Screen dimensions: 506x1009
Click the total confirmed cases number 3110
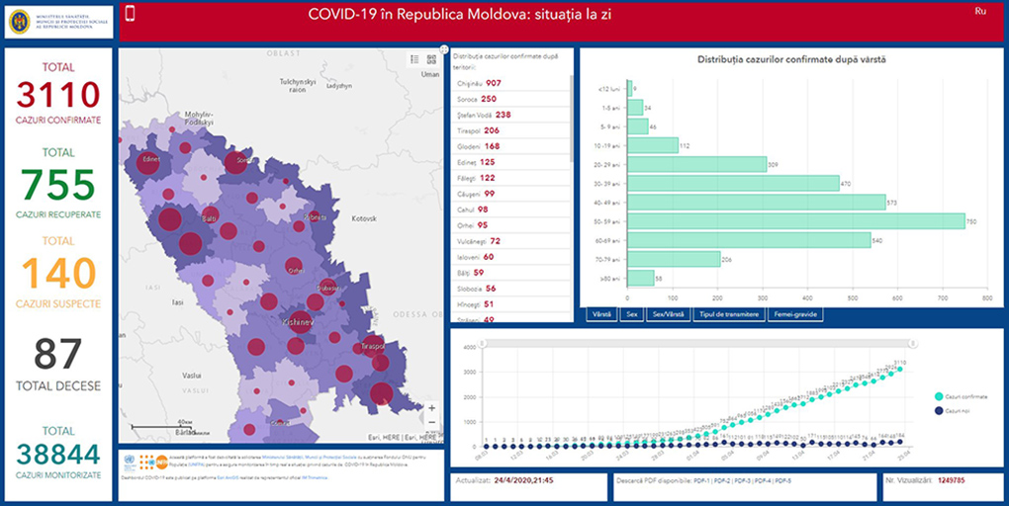point(57,95)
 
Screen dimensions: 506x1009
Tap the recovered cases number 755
point(57,185)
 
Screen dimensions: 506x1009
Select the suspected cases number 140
point(57,274)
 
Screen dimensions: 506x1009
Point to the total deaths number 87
point(57,354)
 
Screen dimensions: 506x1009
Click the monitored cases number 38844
point(57,455)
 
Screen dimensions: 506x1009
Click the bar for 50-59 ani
point(796,221)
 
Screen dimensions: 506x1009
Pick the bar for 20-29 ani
point(696,164)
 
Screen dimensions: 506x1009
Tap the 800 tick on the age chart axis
point(986,296)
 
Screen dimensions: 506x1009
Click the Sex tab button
point(631,314)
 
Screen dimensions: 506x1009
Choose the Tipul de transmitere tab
point(729,314)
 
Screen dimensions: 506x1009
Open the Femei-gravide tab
point(795,314)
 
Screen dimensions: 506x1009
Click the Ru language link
point(980,11)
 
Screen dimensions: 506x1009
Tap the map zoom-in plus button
point(431,407)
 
